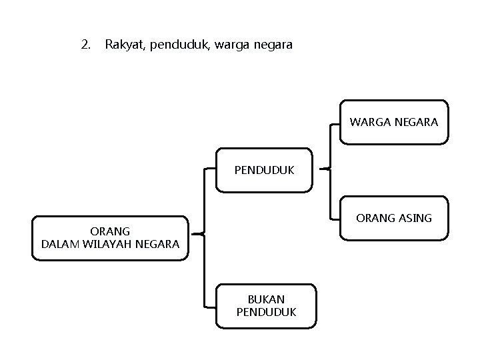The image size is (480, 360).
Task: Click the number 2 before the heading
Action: click(84, 45)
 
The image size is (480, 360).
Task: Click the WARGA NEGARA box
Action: click(394, 123)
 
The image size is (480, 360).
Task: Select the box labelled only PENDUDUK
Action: click(264, 170)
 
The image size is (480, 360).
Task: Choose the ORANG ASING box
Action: click(394, 218)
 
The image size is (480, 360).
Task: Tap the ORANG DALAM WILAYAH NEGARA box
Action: click(110, 238)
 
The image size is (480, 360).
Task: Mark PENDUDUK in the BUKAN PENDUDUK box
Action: click(266, 312)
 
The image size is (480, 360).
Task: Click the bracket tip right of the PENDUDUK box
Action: click(321, 169)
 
